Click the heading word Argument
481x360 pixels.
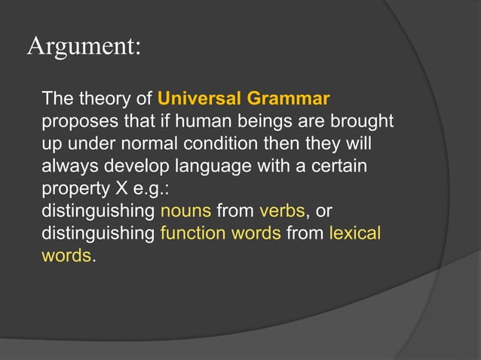coord(84,47)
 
